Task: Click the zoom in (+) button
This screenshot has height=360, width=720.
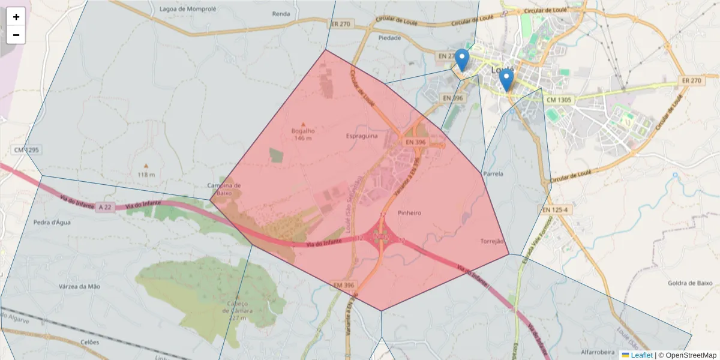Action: point(16,17)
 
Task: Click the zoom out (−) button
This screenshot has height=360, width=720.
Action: point(16,35)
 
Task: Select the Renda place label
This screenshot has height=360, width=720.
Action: point(281,13)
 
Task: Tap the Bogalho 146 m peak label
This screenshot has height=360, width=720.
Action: point(303,134)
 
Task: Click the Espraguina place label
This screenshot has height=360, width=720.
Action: point(362,136)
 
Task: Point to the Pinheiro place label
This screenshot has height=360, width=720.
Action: point(409,213)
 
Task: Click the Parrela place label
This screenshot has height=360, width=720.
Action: point(493,174)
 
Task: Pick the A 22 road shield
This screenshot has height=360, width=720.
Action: point(105,207)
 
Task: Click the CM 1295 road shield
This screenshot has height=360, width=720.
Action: point(26,149)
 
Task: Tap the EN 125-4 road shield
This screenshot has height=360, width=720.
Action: point(554,210)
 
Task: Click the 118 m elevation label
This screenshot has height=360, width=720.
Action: point(146,175)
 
